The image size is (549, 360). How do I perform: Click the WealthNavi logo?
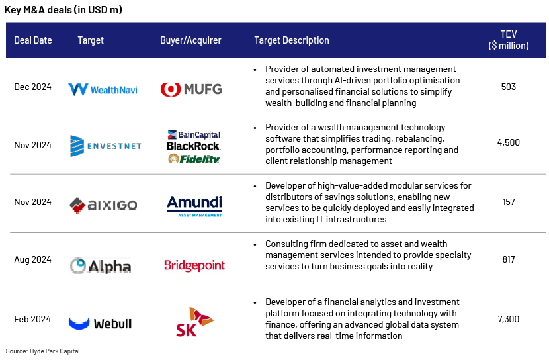[103, 89]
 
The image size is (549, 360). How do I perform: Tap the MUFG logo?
[191, 89]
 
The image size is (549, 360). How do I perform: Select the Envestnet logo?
[105, 146]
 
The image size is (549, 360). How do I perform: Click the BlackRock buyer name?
[193, 146]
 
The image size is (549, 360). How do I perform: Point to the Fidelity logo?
[194, 159]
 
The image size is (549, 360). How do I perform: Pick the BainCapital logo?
[194, 135]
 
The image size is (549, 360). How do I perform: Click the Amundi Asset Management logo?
[194, 206]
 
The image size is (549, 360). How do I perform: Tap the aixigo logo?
[103, 205]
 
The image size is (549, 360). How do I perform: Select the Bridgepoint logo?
[194, 265]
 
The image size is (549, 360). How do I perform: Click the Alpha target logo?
[101, 266]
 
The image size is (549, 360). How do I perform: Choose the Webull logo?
[100, 323]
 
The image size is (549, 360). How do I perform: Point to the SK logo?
[194, 322]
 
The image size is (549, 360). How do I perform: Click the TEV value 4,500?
[509, 142]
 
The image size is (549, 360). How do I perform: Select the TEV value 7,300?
[509, 319]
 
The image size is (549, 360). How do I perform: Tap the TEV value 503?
[509, 87]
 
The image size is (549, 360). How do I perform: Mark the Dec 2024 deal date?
[32, 87]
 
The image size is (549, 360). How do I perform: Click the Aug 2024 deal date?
[32, 260]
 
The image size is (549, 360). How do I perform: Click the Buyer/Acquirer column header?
[190, 40]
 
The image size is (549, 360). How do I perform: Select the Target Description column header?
[292, 40]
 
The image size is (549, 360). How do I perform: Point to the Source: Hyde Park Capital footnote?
[43, 351]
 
